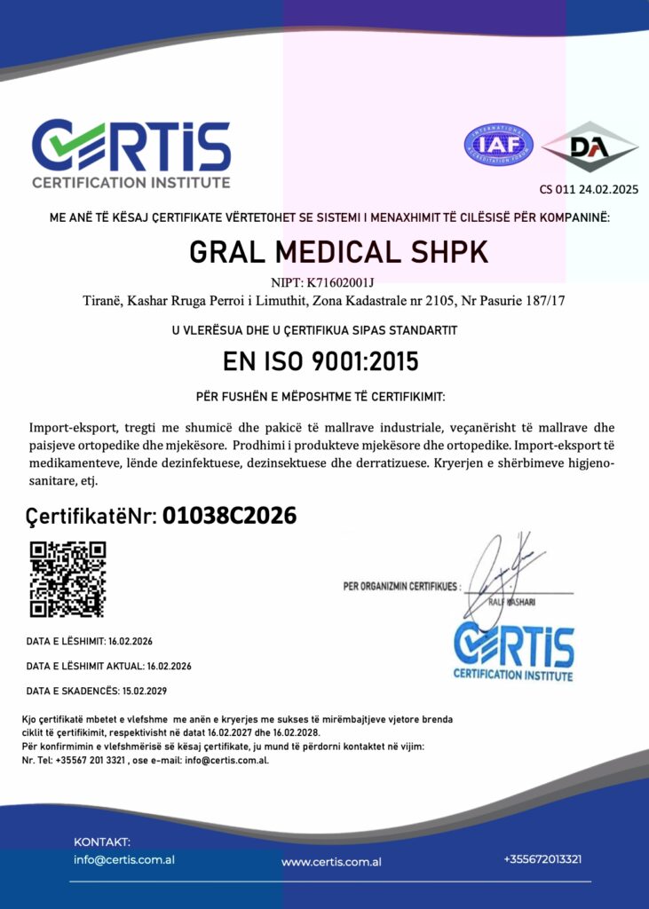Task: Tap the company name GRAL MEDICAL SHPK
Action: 339,252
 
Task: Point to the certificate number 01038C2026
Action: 229,516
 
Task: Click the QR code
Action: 67,579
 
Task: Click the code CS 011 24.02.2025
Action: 589,189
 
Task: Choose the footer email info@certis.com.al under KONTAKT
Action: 123,859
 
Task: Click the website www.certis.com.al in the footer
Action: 331,861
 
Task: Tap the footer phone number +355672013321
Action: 542,859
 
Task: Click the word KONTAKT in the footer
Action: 102,841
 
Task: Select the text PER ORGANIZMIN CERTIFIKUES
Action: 400,586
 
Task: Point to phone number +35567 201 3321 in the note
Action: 91,760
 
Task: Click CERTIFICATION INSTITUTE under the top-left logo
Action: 131,183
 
